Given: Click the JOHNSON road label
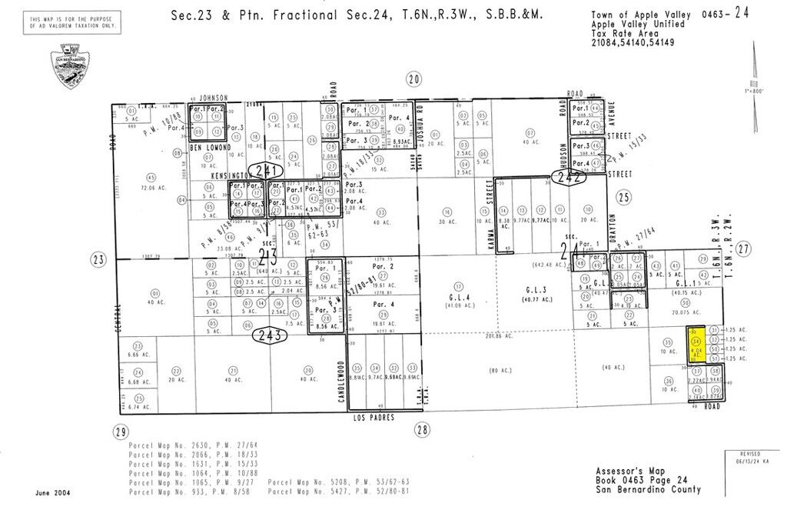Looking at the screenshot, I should point(213,98).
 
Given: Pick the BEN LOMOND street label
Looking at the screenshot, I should point(211,147).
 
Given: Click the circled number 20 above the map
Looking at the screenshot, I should point(415,78).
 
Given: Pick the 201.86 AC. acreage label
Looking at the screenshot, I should point(477,335).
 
